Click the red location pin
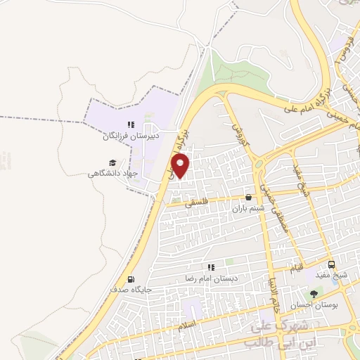pyautogui.click(x=181, y=165)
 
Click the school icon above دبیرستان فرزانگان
pyautogui.click(x=130, y=124)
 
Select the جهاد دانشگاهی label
pyautogui.click(x=113, y=173)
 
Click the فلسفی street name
pyautogui.click(x=196, y=202)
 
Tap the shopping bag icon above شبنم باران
pyautogui.click(x=247, y=198)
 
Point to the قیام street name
pyautogui.click(x=299, y=268)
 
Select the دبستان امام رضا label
pyautogui.click(x=212, y=278)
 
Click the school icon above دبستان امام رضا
pyautogui.click(x=211, y=268)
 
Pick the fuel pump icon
pyautogui.click(x=131, y=279)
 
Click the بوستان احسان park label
pyautogui.click(x=314, y=304)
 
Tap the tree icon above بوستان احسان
pyautogui.click(x=314, y=293)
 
